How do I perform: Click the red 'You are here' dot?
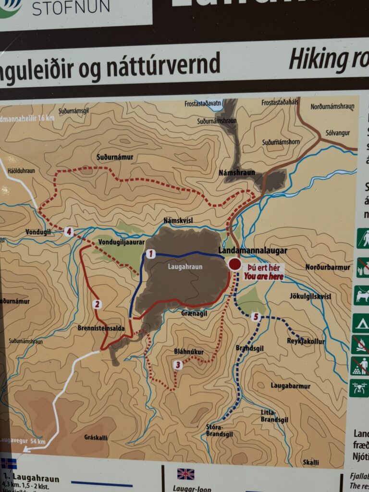(x=234, y=264)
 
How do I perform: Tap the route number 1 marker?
(x=151, y=253)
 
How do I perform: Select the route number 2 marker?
(x=97, y=304)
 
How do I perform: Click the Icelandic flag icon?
(x=8, y=464)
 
